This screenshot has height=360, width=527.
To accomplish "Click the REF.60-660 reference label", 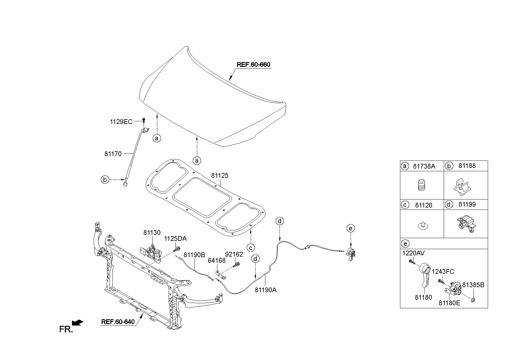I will pos(253,65).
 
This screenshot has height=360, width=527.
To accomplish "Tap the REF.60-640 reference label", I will pos(118,322).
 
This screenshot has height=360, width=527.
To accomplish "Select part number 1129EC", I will pos(121,122).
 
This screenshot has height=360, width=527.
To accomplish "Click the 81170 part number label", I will pos(113,154).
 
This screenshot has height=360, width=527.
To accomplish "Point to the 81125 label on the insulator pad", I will pos(219,176).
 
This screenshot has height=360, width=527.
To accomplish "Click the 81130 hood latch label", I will pos(152,233).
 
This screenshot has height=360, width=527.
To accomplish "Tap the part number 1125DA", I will pos(175,239).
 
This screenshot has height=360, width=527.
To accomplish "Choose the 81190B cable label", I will pos(194,255).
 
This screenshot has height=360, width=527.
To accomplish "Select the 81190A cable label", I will pos(265,290).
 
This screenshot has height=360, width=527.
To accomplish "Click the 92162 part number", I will pos(234,254).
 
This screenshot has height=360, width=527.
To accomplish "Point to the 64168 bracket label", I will pos(217,261).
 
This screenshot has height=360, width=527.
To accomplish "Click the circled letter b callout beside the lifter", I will pos(105,180).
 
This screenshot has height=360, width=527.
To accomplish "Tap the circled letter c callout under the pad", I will pos(251,247).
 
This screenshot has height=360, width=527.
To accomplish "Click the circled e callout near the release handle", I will pos(351,228).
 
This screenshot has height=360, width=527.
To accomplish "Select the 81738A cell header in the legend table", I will pos(424,166).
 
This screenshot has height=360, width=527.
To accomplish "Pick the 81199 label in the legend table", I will pos(467,205).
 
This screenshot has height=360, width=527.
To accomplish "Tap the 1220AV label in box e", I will pos(413,253).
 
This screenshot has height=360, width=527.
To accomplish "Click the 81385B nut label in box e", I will pos(473,285).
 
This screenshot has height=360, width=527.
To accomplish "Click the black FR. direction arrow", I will pos(77,323).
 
